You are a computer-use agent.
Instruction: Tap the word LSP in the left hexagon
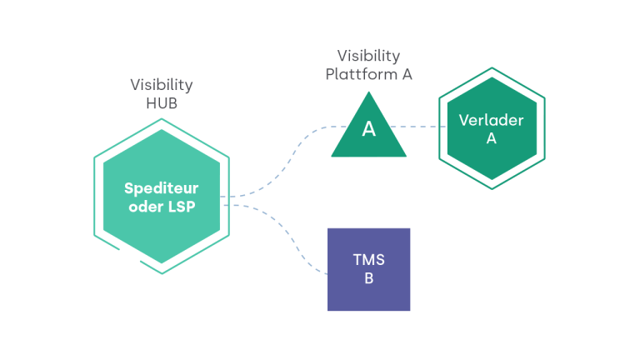[x=181, y=207]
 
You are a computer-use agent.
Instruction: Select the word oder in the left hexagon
[x=145, y=207]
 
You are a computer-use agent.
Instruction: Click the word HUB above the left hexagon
[x=162, y=104]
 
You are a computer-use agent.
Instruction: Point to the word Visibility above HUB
[x=162, y=85]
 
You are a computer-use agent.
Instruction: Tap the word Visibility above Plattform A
[x=368, y=56]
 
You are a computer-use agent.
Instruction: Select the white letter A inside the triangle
[x=368, y=129]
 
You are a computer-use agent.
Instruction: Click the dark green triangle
[x=368, y=142]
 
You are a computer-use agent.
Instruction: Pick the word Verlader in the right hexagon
[x=492, y=120]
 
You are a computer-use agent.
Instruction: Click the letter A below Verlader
[x=492, y=139]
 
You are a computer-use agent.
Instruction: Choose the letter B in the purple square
[x=368, y=278]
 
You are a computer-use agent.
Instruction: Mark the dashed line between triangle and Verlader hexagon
[x=421, y=127]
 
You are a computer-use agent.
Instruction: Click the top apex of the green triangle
[x=368, y=93]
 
